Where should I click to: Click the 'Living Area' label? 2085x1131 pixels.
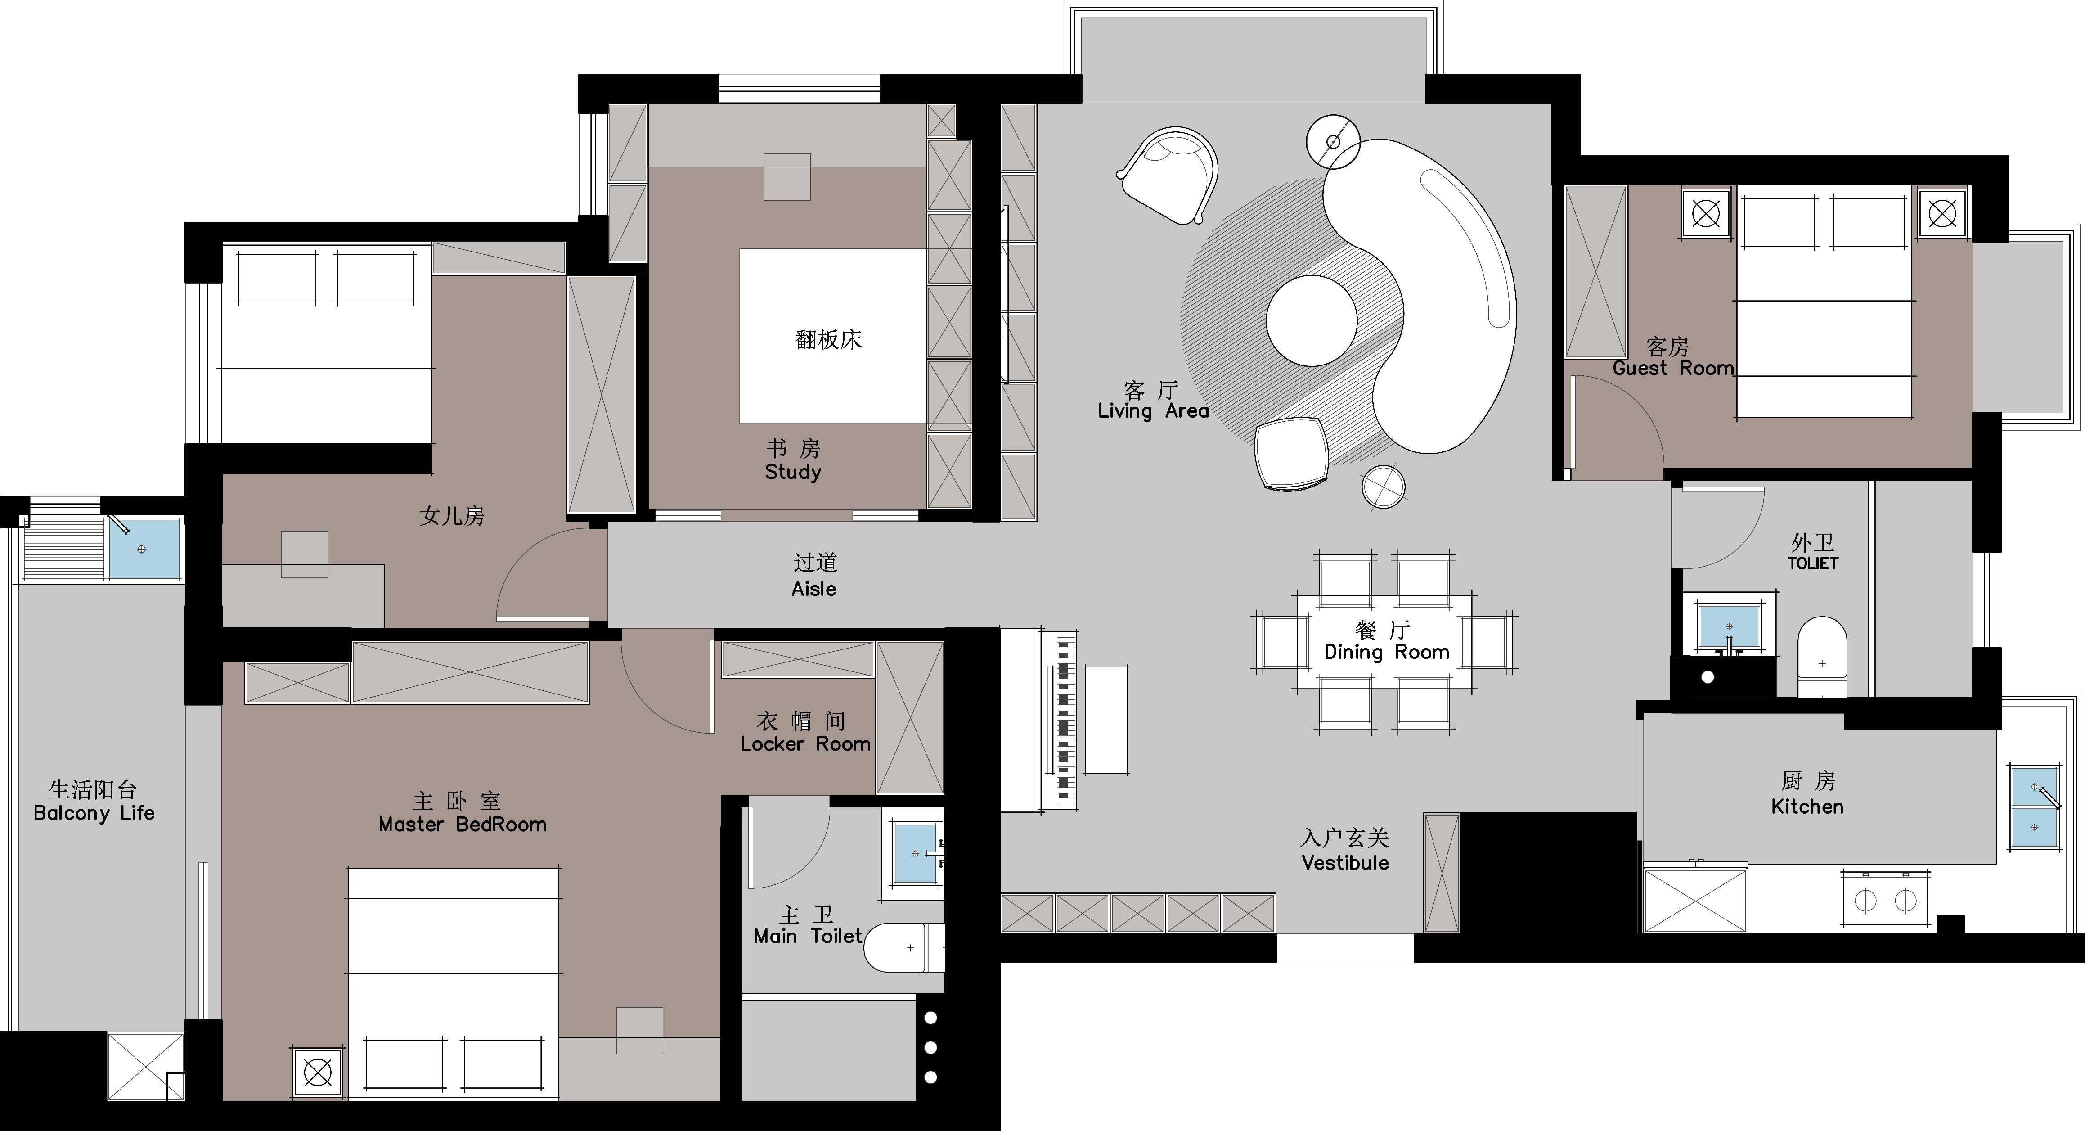1153,411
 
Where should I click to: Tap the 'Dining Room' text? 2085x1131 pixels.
1387,653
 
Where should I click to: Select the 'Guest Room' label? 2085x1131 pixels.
1673,368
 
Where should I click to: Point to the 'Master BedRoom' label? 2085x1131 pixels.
462,825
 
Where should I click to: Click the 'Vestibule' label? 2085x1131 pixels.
1345,863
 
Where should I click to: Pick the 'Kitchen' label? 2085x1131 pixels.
1807,807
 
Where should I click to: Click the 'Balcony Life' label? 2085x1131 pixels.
94,813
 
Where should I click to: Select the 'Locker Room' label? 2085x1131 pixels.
805,744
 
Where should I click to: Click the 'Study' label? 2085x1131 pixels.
793,472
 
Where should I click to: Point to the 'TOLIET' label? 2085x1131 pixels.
1813,563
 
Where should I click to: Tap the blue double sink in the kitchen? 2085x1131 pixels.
2035,807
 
